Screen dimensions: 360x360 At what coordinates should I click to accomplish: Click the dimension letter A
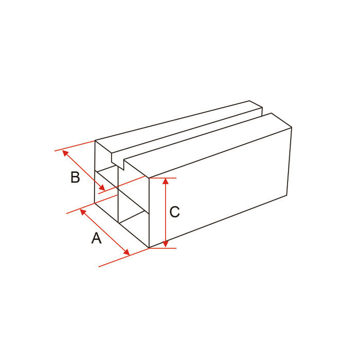click(x=96, y=239)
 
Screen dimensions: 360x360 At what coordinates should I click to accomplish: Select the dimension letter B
click(x=75, y=177)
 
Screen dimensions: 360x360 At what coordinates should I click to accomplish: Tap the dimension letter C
click(x=175, y=211)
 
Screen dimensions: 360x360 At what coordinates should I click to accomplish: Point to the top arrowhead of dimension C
click(x=166, y=181)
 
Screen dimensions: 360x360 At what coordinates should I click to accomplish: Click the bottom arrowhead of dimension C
click(x=166, y=245)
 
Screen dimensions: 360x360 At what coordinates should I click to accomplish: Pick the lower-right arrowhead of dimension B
click(x=103, y=189)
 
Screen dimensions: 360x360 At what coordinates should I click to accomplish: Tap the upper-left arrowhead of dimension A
click(x=82, y=211)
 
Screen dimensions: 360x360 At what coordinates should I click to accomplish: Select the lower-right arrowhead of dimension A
click(x=127, y=251)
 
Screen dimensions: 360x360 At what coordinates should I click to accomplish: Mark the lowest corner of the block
click(x=149, y=248)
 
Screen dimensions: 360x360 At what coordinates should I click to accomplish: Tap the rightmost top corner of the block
click(x=292, y=127)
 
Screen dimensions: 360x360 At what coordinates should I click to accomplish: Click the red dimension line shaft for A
click(x=104, y=231)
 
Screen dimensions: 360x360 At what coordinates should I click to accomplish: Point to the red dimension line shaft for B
click(x=84, y=171)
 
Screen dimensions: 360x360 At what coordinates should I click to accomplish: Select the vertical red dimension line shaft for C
click(x=166, y=213)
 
